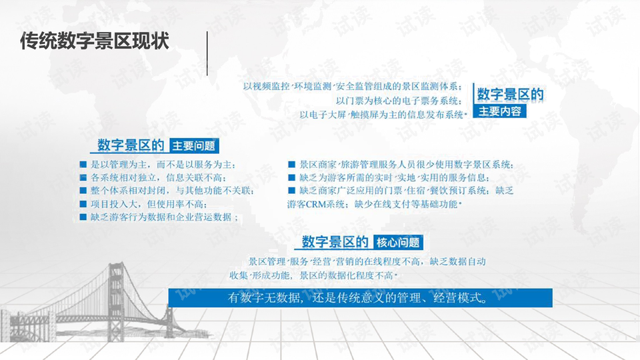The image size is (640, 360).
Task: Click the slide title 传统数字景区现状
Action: [95, 41]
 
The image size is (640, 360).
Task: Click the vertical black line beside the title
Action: [207, 53]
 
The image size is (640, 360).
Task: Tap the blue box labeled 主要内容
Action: [499, 111]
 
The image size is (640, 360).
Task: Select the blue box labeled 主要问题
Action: [194, 146]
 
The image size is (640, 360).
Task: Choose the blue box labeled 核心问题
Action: [398, 243]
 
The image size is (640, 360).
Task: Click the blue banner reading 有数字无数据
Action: [361, 298]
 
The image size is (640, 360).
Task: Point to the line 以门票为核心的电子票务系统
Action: [399, 101]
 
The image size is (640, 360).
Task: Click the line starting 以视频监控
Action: [353, 87]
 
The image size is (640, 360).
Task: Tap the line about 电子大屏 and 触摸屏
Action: [383, 115]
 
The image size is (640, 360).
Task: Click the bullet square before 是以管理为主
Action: [83, 165]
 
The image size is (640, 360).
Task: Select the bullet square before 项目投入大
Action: [83, 204]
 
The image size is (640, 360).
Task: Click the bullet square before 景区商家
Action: [291, 165]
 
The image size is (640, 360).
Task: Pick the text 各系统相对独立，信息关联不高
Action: [158, 178]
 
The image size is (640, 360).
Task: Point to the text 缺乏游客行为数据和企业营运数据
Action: [164, 217]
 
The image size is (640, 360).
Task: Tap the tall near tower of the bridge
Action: [115, 302]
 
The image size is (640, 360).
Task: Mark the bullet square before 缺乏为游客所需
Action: [291, 177]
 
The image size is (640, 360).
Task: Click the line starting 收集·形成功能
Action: [313, 275]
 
